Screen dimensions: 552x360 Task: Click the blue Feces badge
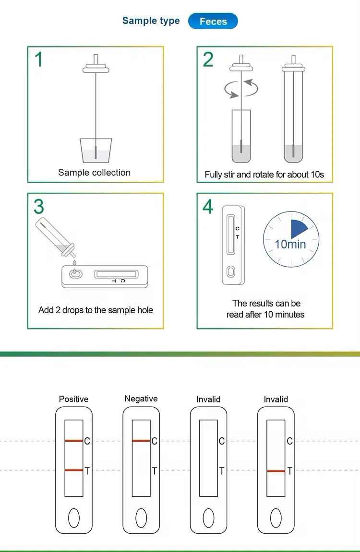(213, 22)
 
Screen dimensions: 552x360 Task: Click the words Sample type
(151, 21)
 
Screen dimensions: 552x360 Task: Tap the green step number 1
(39, 59)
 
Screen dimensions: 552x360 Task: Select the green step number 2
(208, 59)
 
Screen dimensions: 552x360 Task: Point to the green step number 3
(39, 206)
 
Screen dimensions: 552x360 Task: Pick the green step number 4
(208, 206)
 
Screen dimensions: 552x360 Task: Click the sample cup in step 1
(96, 151)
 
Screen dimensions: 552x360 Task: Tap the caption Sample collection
(94, 173)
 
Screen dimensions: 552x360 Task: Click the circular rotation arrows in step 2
(241, 88)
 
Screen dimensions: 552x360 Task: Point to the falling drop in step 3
(74, 263)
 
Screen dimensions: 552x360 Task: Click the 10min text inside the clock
(290, 244)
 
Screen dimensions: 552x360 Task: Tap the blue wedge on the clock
(299, 229)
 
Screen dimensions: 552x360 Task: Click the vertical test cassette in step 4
(233, 245)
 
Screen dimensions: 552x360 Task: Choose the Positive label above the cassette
(73, 399)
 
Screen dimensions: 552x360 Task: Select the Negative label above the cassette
(141, 399)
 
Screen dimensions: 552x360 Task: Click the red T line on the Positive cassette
(74, 470)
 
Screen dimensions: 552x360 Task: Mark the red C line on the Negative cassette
(141, 441)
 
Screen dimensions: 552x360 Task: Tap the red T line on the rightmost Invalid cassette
(276, 471)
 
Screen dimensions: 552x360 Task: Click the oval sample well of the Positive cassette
(74, 518)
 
